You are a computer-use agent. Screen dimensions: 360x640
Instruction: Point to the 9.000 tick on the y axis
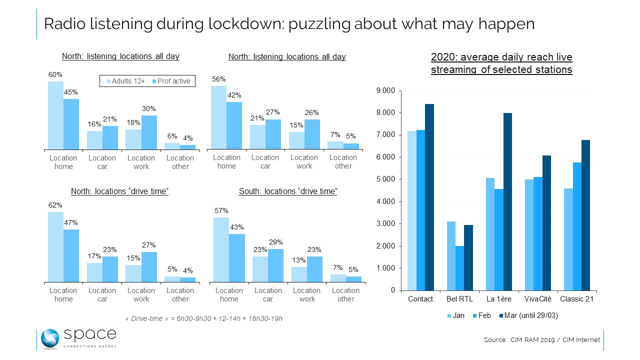tap(385, 90)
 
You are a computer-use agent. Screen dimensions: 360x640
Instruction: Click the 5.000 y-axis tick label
tap(385, 179)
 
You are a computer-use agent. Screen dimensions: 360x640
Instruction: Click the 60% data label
tap(55, 75)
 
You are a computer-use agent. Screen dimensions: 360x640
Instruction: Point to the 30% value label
tap(149, 108)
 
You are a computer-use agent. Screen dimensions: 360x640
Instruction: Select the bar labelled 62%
tap(55, 247)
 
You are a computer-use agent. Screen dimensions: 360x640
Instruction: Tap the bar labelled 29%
tap(275, 265)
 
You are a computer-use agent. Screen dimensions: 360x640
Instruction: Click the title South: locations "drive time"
tap(288, 191)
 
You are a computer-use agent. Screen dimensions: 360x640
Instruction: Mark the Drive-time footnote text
tap(203, 318)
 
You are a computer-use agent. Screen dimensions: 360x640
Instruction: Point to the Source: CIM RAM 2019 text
tap(541, 340)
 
